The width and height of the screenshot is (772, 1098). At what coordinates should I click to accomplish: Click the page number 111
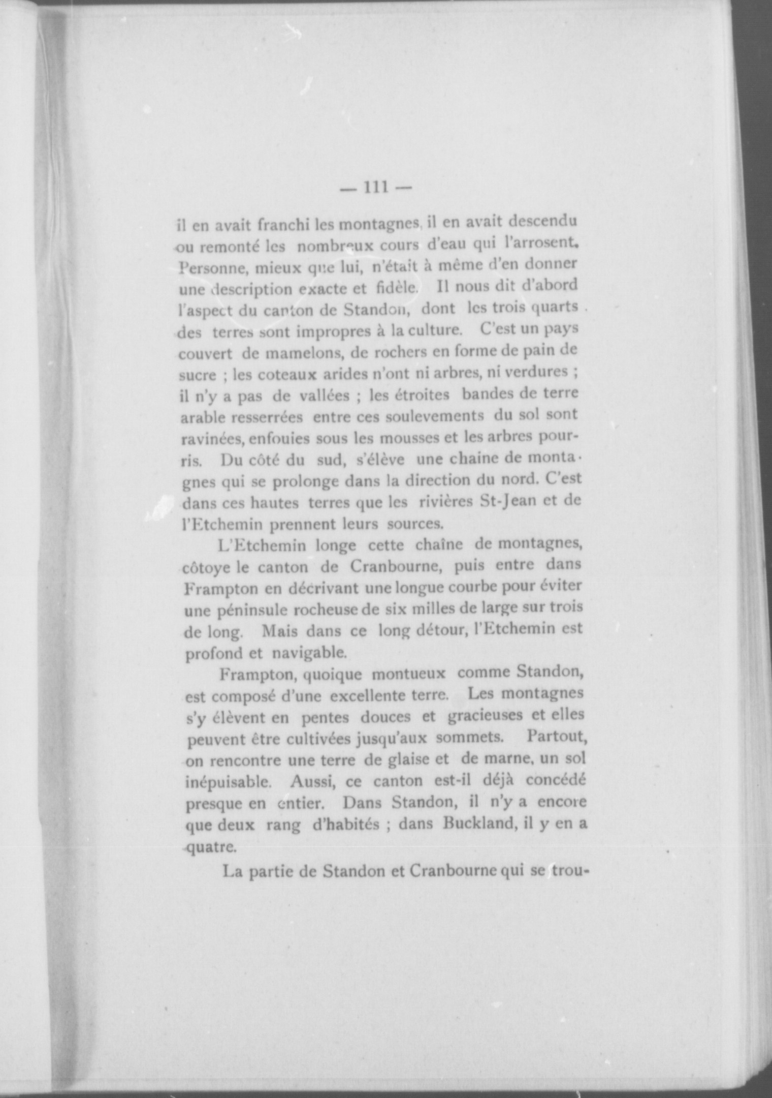pyautogui.click(x=375, y=188)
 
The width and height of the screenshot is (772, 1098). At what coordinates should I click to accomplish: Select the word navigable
pyautogui.click(x=309, y=652)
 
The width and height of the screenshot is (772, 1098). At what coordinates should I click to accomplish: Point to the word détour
pyautogui.click(x=437, y=631)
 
